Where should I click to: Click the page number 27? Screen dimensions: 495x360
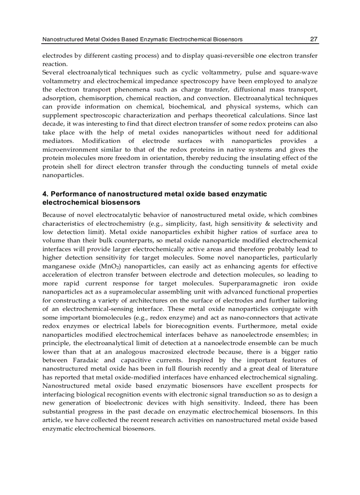click(314, 39)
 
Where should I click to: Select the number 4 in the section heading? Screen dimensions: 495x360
click(45, 194)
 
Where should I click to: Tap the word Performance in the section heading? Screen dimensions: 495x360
click(71, 194)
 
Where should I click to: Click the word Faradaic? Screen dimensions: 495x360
click(60, 360)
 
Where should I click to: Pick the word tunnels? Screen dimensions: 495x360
click(258, 167)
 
